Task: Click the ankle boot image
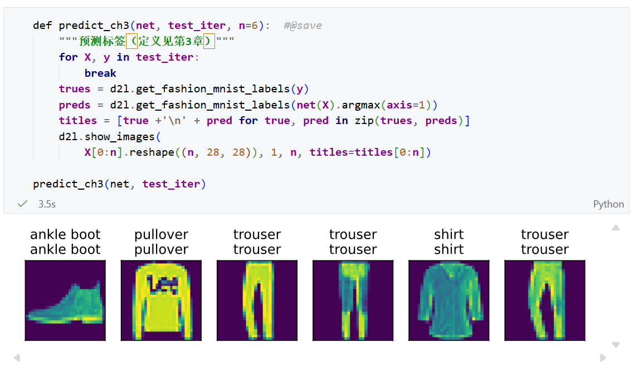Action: coord(65,300)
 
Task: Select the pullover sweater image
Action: coord(161,300)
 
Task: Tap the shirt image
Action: coord(448,300)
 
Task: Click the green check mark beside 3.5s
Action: coord(22,204)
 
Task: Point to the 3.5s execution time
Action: coord(47,204)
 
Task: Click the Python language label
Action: coord(608,204)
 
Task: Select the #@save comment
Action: coord(303,26)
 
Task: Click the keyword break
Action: coord(100,73)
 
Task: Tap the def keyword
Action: coord(42,25)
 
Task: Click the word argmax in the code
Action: coord(360,105)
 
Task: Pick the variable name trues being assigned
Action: coord(75,89)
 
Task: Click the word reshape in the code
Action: coord(152,152)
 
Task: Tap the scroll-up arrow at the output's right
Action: coord(616,227)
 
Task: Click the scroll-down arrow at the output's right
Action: coord(616,345)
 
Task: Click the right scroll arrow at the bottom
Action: coord(603,358)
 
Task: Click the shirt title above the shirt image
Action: coord(448,241)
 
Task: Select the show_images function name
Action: coord(119,137)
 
